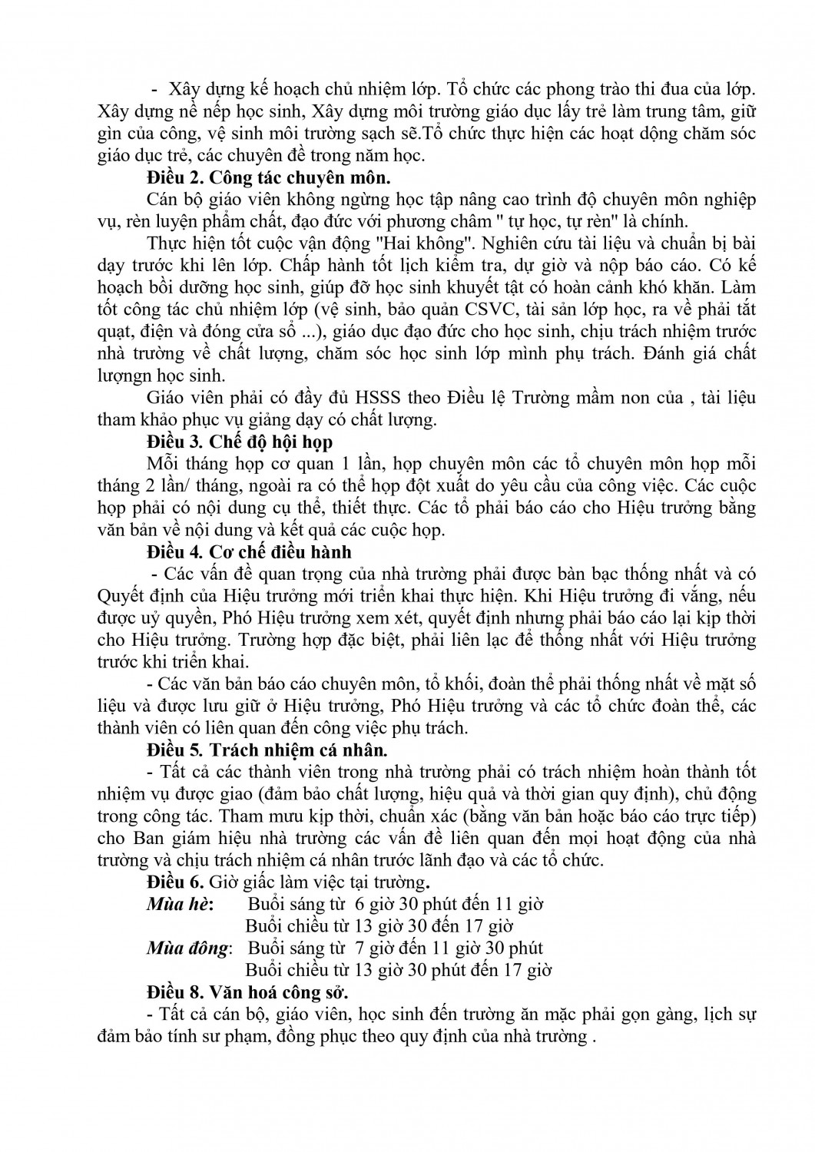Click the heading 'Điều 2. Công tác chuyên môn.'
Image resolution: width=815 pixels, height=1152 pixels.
[x=268, y=178]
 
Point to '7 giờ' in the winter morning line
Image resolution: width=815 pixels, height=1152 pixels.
[x=376, y=948]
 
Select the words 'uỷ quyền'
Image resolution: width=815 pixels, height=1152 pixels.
[x=169, y=618]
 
